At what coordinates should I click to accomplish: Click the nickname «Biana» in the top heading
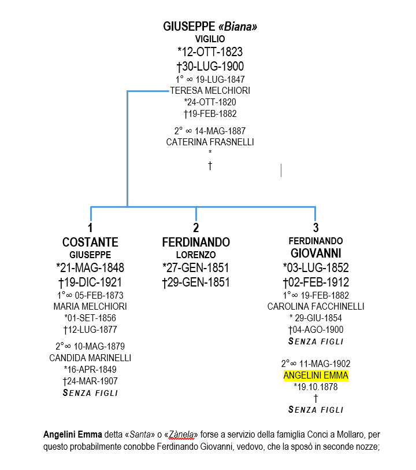click(x=237, y=27)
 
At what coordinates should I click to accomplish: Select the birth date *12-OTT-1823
click(x=210, y=52)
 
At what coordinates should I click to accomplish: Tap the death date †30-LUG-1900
click(x=210, y=66)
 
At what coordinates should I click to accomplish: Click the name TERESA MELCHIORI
click(x=210, y=90)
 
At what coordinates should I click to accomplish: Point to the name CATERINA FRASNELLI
click(x=210, y=142)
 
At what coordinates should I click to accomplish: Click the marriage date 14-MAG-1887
click(x=220, y=131)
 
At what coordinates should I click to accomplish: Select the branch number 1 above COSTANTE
click(x=90, y=228)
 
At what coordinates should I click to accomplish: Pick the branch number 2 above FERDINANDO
click(x=196, y=228)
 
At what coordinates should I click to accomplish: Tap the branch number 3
click(x=315, y=228)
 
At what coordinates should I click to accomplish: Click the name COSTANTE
click(x=90, y=242)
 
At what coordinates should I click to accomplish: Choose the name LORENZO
click(x=196, y=255)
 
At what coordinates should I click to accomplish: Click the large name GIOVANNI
click(x=315, y=254)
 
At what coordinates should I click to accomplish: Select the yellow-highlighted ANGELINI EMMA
click(x=315, y=375)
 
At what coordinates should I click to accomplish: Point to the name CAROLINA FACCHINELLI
click(x=315, y=306)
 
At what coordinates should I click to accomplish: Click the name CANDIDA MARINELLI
click(x=90, y=358)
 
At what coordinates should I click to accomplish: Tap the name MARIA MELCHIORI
click(x=90, y=306)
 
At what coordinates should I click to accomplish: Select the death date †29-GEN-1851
click(x=196, y=282)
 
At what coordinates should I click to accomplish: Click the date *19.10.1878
click(x=315, y=387)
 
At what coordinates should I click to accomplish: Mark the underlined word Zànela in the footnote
click(x=181, y=434)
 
